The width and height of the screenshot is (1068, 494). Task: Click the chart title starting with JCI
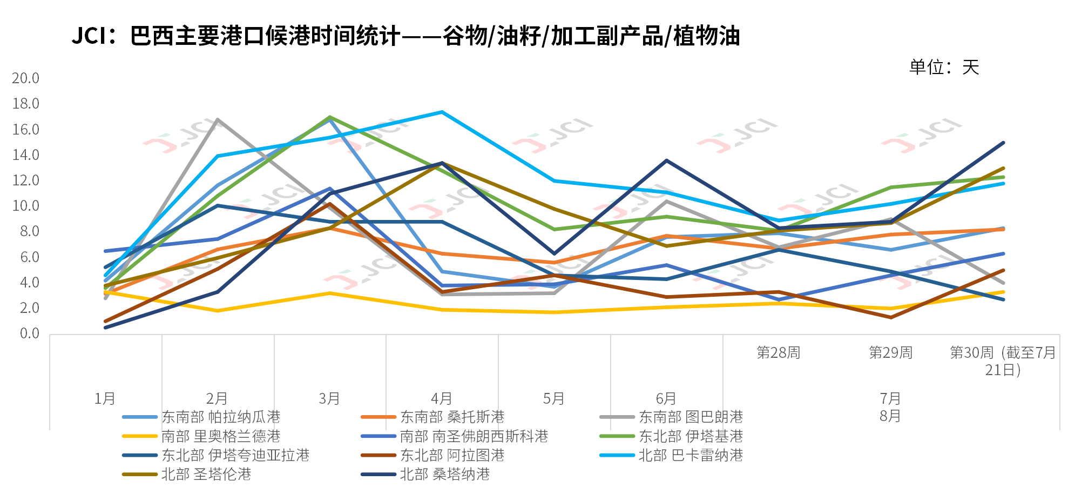coord(405,36)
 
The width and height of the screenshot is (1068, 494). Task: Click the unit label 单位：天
coord(944,68)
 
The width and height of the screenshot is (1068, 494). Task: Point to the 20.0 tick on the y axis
coord(26,78)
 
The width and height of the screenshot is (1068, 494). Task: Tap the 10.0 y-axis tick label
coord(26,206)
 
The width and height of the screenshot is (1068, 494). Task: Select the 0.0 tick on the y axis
coord(29,333)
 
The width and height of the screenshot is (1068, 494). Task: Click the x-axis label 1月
coord(105,399)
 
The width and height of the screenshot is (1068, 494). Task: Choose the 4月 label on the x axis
coord(442,399)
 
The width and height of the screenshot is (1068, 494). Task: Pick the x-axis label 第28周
coord(778,353)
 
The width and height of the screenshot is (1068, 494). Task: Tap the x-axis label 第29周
coord(890,353)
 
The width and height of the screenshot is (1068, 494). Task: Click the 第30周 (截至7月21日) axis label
coord(1003,361)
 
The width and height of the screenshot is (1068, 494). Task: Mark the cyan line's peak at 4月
coord(442,112)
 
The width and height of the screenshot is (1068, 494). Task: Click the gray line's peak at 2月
coord(217,119)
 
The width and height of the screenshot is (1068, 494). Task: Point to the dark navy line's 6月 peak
coord(666,161)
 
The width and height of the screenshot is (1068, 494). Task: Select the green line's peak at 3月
coord(329,117)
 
